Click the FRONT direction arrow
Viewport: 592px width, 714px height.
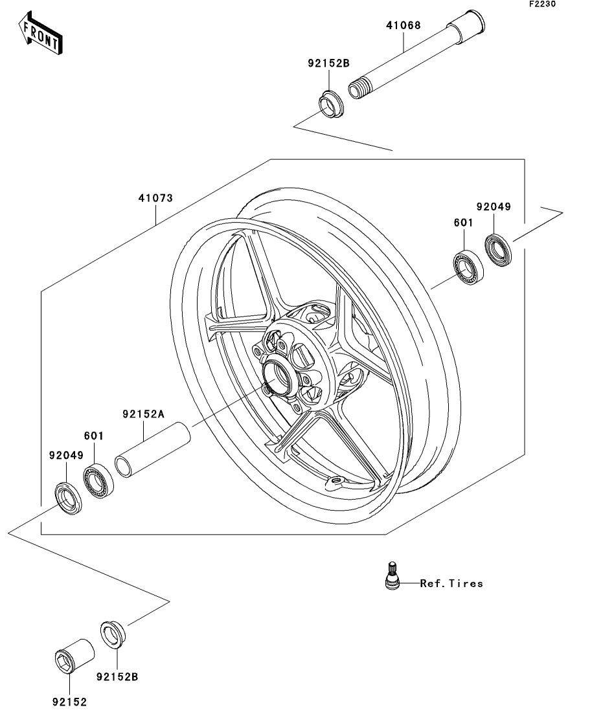(41, 33)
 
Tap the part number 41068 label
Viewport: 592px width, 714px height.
(404, 25)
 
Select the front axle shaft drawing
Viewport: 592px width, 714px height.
(416, 54)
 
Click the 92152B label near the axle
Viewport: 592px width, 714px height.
(328, 63)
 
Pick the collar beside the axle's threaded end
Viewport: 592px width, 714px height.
(332, 104)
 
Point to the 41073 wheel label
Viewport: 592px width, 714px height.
(155, 198)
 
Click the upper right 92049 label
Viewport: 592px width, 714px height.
(494, 206)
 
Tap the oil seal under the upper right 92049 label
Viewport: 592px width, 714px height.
(497, 250)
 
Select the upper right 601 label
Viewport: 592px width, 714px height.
(464, 223)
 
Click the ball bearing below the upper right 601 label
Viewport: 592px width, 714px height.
(468, 268)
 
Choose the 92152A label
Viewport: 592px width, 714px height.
(143, 414)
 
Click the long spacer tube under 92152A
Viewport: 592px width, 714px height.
(152, 450)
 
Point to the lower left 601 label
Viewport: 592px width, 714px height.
(94, 436)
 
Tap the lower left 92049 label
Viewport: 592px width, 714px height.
(67, 455)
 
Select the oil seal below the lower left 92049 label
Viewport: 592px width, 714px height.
(69, 498)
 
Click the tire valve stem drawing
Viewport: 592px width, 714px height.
(393, 575)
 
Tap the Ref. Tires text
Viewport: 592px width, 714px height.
(451, 583)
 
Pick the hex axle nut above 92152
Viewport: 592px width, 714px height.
(74, 655)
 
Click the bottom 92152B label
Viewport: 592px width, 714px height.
(117, 677)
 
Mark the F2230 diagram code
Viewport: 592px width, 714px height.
(542, 4)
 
